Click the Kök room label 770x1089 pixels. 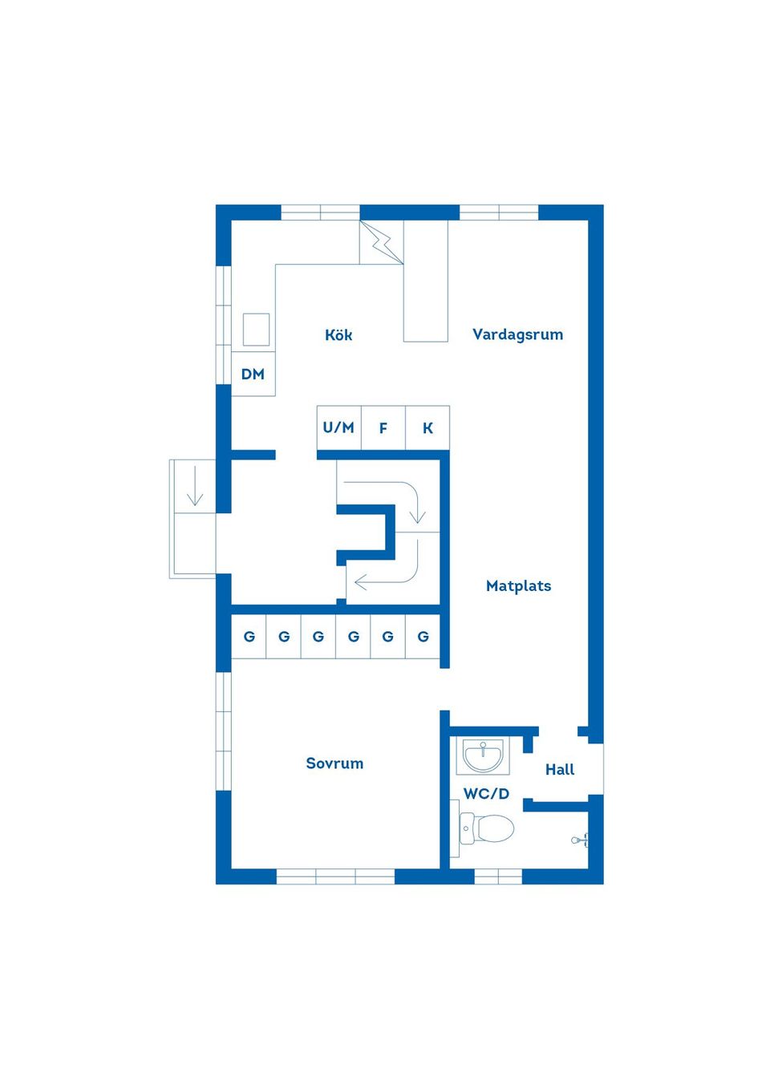[338, 335]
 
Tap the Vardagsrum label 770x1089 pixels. [517, 334]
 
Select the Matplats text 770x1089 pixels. [519, 586]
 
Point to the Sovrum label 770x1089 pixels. [334, 763]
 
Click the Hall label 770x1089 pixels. [560, 770]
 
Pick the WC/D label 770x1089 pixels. [486, 794]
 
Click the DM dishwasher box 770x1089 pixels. [253, 374]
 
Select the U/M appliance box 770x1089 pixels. [338, 428]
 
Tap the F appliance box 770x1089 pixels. [383, 428]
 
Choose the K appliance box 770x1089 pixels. [428, 428]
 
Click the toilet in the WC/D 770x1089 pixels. [487, 828]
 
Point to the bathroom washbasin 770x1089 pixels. [483, 756]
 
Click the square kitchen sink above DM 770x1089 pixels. [256, 330]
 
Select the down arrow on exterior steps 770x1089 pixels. [195, 486]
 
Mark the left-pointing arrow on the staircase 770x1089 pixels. [387, 581]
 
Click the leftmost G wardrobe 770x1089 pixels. [249, 637]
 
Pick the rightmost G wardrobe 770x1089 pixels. [423, 637]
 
